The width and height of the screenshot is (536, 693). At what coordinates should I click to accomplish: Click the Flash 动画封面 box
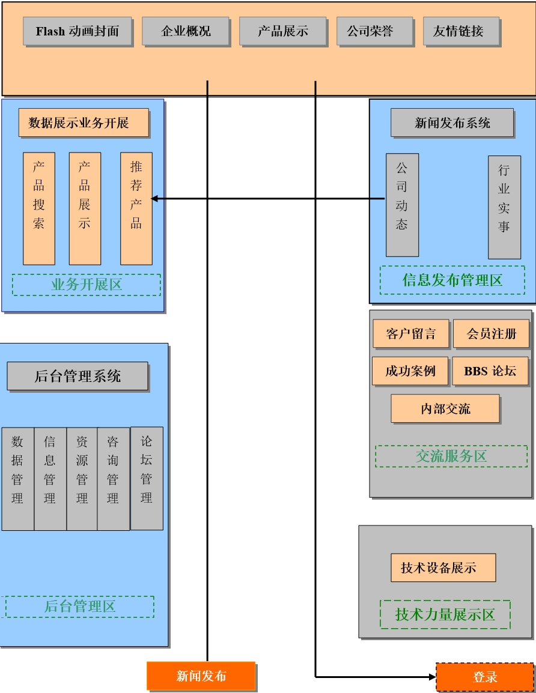(x=78, y=31)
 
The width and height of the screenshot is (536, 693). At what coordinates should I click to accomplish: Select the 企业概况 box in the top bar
(x=186, y=31)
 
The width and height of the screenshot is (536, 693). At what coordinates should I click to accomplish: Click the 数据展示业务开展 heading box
(x=84, y=123)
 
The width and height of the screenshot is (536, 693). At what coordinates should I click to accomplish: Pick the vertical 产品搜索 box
(x=39, y=208)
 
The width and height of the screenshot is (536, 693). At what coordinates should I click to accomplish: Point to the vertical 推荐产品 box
(x=136, y=208)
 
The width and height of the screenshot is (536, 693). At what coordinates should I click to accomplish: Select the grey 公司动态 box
(x=402, y=205)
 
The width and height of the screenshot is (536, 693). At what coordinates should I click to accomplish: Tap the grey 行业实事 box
(x=504, y=207)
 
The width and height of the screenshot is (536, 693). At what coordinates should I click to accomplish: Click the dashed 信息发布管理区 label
(x=452, y=280)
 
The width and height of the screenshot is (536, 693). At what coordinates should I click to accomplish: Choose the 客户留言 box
(x=410, y=334)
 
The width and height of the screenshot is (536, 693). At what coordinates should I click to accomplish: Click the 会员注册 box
(x=491, y=334)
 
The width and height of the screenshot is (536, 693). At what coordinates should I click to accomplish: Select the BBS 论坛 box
(x=490, y=371)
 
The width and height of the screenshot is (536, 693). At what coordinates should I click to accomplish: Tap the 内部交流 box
(x=445, y=409)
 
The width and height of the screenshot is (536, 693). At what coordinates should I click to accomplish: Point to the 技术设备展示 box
(x=443, y=567)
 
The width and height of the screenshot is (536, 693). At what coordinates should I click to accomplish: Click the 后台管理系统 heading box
(x=78, y=377)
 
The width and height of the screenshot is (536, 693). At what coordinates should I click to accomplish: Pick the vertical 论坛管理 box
(x=147, y=479)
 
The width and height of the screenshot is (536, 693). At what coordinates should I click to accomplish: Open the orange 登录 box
(x=485, y=677)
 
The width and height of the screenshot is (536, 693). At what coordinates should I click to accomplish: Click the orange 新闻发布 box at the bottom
(x=201, y=676)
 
